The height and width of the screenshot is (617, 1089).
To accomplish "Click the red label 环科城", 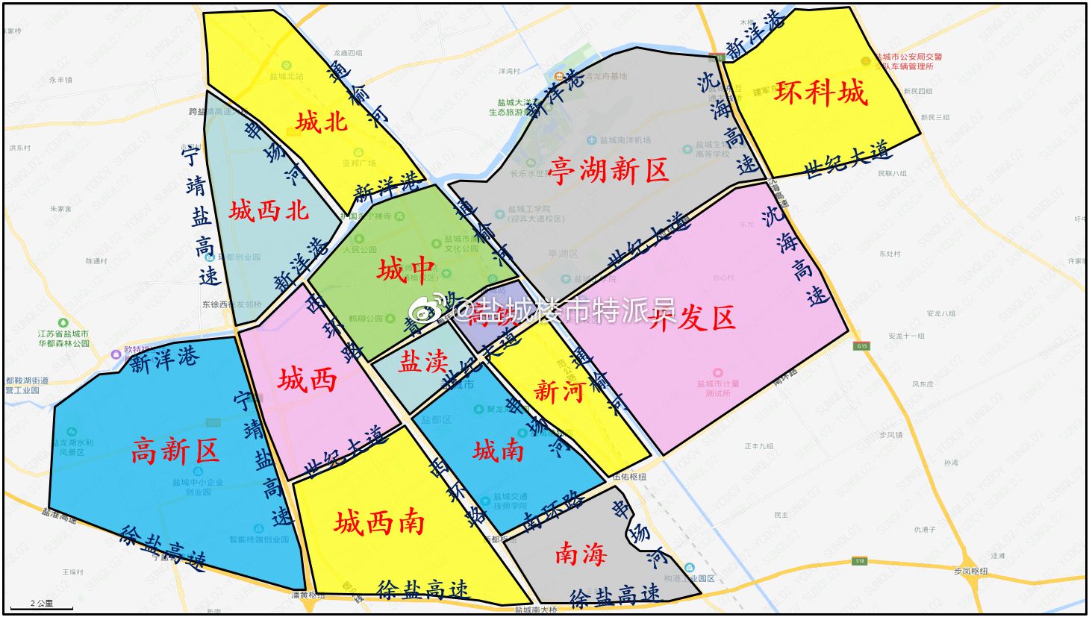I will [x=820, y=93].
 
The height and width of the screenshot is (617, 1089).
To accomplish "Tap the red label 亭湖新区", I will [x=608, y=171].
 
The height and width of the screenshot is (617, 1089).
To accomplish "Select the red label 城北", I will [x=321, y=122].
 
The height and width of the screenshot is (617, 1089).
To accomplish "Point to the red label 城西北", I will [x=269, y=210].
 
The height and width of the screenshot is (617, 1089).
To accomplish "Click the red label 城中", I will [x=406, y=269].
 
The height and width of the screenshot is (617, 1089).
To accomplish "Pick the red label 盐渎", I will [x=422, y=362].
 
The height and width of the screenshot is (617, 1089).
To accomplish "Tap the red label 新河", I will [x=558, y=390].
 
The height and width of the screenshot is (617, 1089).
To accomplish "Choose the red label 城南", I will [x=498, y=451].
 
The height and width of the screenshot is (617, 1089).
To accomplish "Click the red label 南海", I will [x=580, y=554].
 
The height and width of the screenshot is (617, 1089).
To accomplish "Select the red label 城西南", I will [x=379, y=522].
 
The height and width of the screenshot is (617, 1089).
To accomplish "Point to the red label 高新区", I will [x=175, y=451].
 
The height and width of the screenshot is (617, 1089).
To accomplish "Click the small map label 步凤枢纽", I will [x=970, y=571].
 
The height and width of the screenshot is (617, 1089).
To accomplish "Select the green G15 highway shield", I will [x=862, y=346].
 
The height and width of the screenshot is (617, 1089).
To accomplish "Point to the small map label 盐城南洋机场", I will [x=620, y=140].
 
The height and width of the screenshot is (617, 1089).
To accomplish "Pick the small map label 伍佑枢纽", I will [x=628, y=477].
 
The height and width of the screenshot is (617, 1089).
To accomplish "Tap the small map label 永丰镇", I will [x=60, y=80].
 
